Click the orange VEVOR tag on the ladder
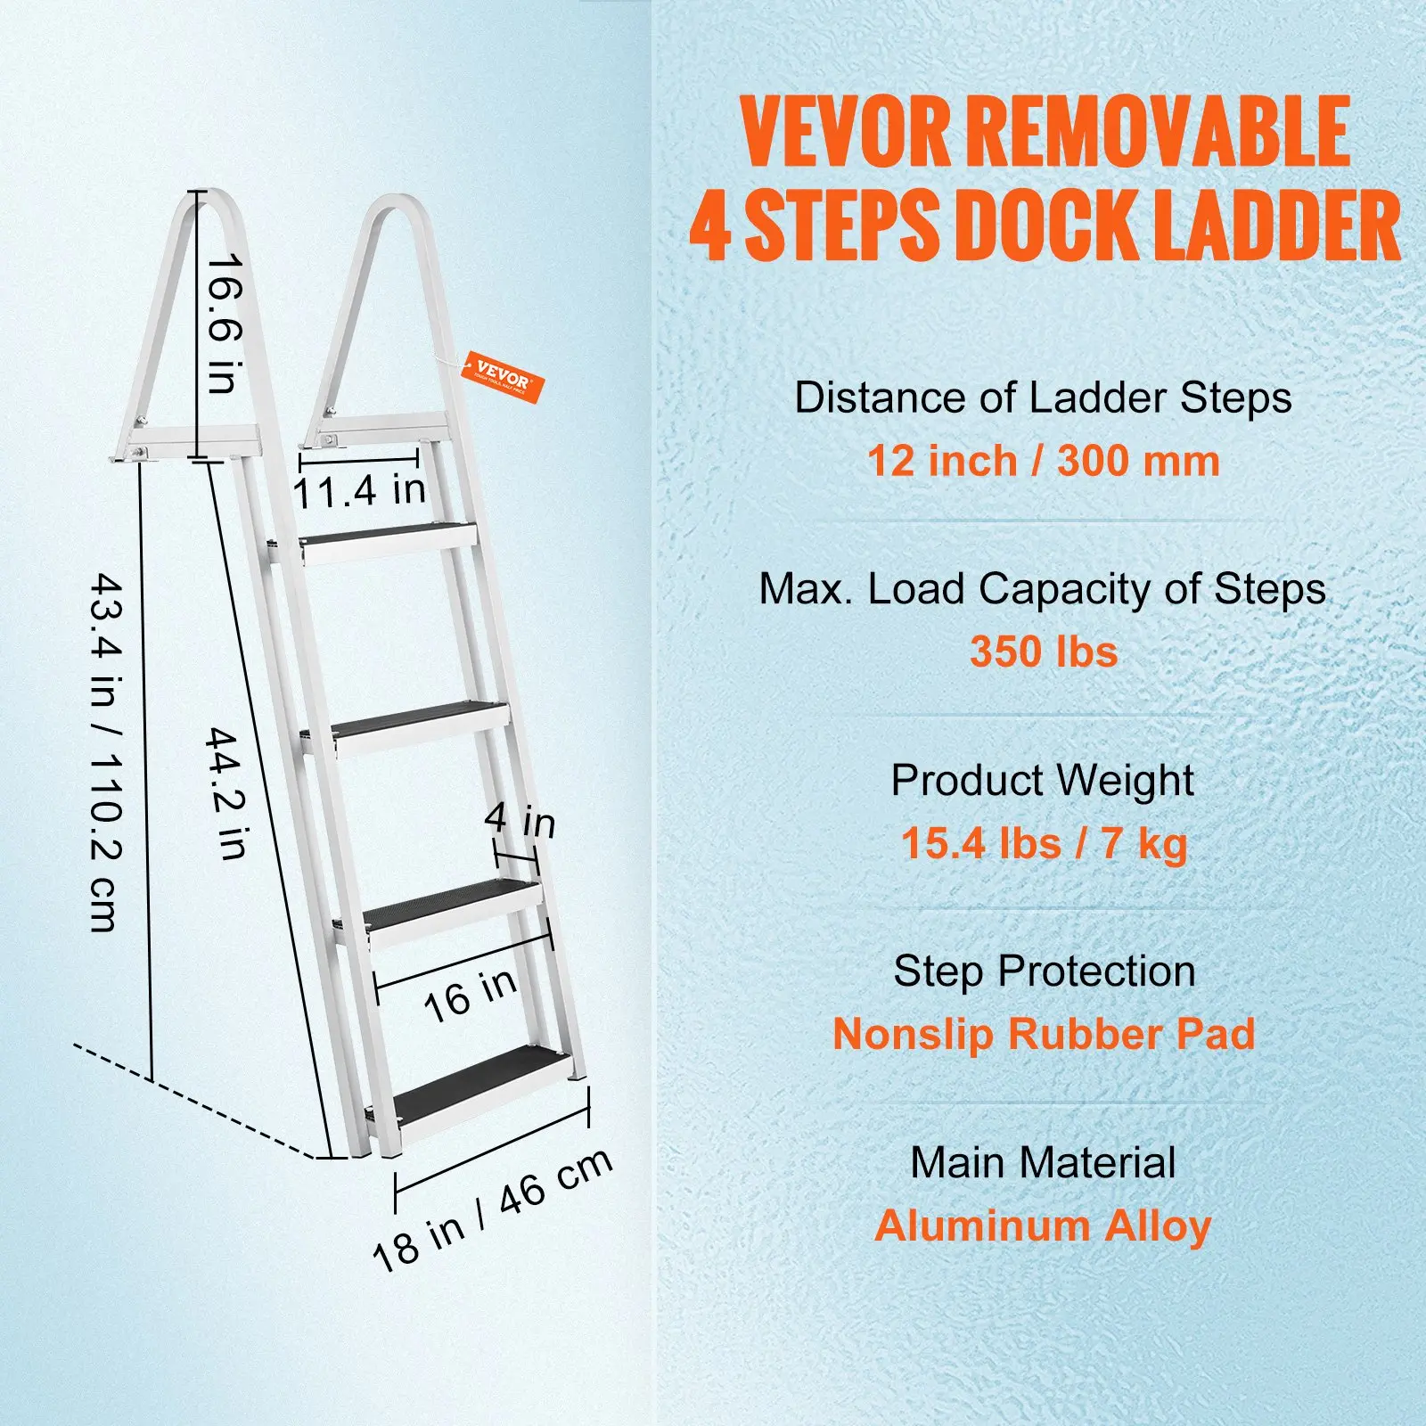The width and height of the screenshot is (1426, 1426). [503, 378]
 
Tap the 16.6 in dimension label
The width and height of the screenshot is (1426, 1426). [223, 324]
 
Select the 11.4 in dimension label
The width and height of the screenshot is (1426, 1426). [359, 491]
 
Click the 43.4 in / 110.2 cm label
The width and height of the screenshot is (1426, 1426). [106, 752]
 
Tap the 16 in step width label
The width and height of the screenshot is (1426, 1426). [470, 995]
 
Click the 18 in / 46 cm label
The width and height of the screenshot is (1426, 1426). [492, 1209]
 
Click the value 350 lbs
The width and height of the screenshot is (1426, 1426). [1044, 652]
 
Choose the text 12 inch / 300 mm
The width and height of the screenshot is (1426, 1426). [1043, 461]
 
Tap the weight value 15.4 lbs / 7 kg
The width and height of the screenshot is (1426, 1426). [1044, 843]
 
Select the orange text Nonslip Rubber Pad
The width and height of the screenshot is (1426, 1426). [1044, 1034]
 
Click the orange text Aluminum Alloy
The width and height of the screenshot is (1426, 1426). [1043, 1225]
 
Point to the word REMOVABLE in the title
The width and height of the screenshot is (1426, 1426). [1159, 132]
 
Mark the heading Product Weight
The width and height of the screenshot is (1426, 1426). [1042, 780]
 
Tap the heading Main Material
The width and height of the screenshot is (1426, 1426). [1043, 1162]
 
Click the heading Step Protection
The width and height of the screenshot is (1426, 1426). [1044, 971]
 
